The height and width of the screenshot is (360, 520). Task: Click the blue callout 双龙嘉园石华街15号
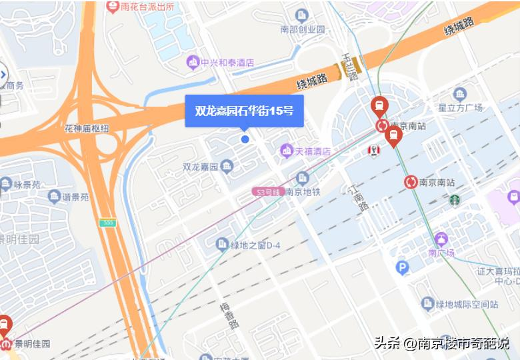(x=244, y=111)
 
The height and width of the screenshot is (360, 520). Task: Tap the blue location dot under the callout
(x=245, y=139)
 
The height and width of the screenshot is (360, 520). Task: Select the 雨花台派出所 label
(x=147, y=7)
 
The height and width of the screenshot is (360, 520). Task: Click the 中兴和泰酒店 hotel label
(x=228, y=62)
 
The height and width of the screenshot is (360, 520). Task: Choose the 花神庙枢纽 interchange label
(x=87, y=128)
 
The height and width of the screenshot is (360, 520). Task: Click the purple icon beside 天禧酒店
(x=287, y=151)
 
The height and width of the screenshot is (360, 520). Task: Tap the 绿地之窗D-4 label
(x=256, y=245)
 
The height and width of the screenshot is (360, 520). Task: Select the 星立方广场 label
(x=459, y=107)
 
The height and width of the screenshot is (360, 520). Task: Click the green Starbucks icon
(x=454, y=199)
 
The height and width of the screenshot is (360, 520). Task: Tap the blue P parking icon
(x=402, y=268)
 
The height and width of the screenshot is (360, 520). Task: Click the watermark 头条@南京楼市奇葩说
(x=441, y=344)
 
